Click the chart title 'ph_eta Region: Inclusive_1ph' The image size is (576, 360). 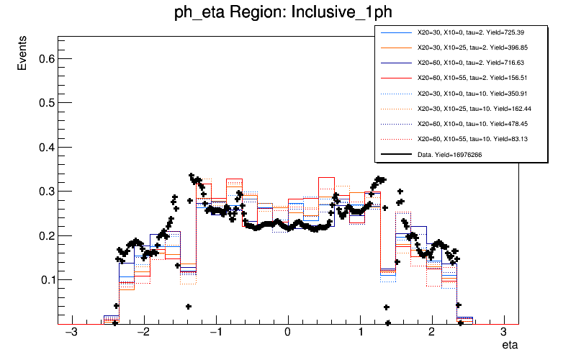tap(288, 14)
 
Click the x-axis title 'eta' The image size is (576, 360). tap(510, 346)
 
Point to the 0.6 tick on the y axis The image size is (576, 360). tap(45, 59)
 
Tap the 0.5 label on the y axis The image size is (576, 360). tap(45, 103)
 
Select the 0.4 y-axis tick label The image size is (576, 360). tap(45, 148)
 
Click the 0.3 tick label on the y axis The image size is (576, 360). tap(45, 192)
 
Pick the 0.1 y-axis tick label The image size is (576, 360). tap(45, 279)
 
